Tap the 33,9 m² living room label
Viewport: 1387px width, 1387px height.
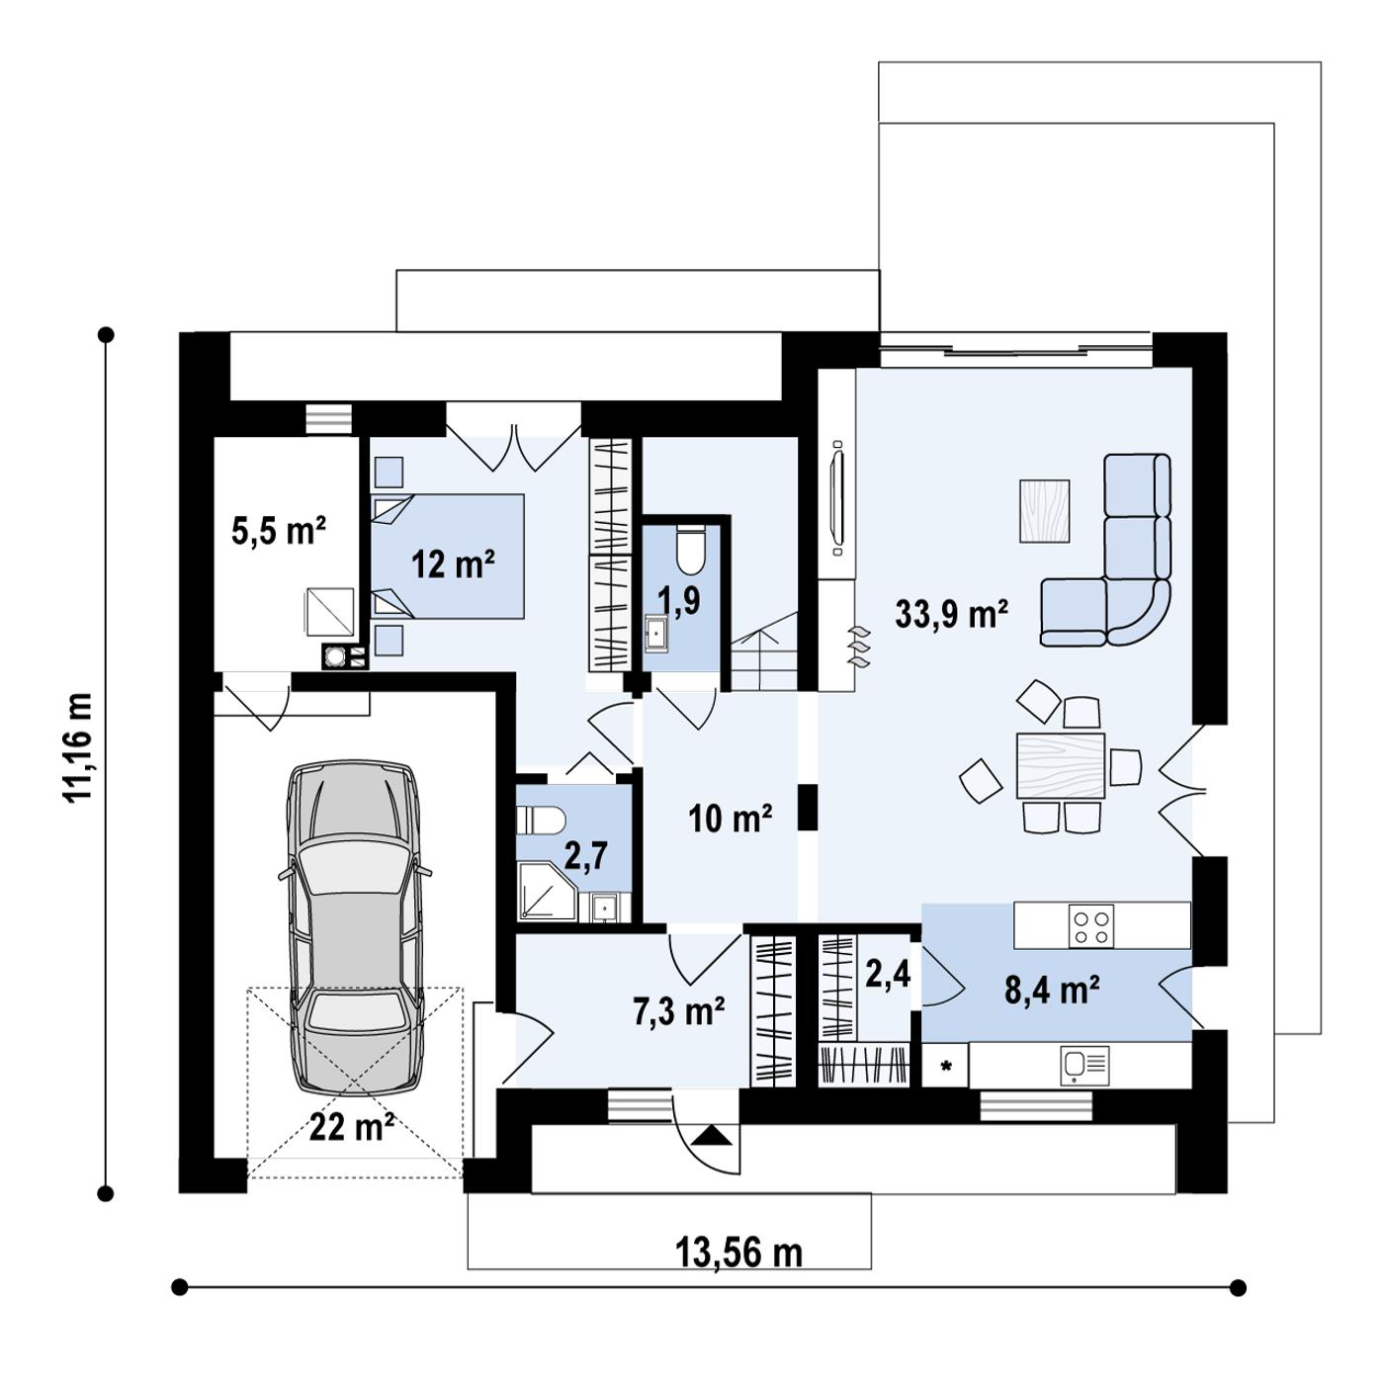(x=951, y=615)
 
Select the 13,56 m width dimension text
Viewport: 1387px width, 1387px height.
(x=738, y=1254)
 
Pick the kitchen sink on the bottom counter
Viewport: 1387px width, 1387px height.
(x=1085, y=1066)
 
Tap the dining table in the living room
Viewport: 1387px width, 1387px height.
(x=1060, y=766)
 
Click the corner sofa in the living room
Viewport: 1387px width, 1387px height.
(x=1105, y=550)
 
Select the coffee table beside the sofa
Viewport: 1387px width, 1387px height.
(x=1044, y=510)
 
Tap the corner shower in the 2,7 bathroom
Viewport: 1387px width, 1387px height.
(x=547, y=892)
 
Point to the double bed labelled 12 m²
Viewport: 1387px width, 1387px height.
(x=447, y=556)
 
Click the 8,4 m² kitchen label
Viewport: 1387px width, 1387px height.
(x=1052, y=990)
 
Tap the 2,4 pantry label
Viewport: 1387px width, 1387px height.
(x=888, y=976)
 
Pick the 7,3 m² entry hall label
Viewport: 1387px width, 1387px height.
(x=679, y=1010)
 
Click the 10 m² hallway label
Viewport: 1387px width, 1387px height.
(x=731, y=819)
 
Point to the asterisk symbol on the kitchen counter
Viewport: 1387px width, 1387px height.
(x=946, y=1067)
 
